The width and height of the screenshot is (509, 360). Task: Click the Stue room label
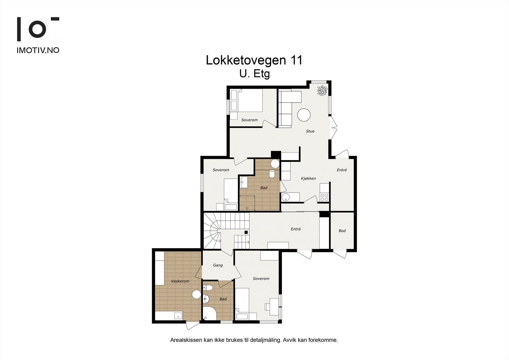(x=310, y=131)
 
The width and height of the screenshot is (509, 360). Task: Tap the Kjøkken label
(x=308, y=179)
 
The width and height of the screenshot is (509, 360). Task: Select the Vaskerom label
(x=180, y=281)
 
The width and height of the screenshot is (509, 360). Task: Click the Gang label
(x=218, y=265)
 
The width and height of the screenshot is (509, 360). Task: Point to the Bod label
(x=342, y=231)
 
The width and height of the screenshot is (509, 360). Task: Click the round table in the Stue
(x=304, y=115)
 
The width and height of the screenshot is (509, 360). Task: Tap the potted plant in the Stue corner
(x=322, y=90)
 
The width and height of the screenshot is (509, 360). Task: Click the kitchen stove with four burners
(x=324, y=197)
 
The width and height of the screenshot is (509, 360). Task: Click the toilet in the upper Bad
(x=272, y=174)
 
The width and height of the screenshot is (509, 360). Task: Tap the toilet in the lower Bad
(x=208, y=288)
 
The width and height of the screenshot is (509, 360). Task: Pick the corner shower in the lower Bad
(x=208, y=314)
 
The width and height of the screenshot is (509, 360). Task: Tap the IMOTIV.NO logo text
(x=38, y=50)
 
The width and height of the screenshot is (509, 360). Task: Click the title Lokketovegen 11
(x=254, y=60)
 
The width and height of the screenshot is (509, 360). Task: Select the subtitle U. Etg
(x=254, y=74)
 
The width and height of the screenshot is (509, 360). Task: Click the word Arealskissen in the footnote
(x=186, y=340)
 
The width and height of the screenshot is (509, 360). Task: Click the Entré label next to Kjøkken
(x=342, y=170)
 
